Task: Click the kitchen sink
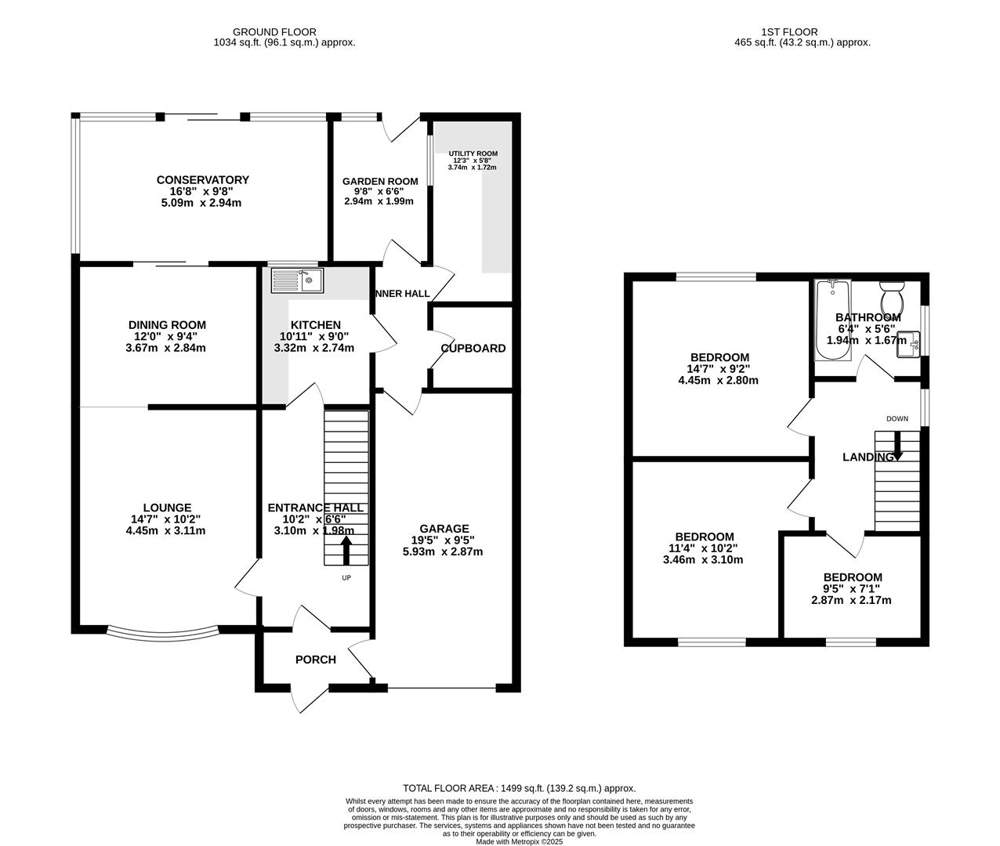click(x=297, y=280)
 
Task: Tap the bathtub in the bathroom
click(x=832, y=320)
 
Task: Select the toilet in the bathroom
click(x=891, y=298)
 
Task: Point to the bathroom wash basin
click(x=908, y=345)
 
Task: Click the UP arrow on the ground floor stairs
click(x=346, y=551)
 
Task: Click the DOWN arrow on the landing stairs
click(x=897, y=446)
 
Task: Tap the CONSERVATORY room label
click(x=203, y=180)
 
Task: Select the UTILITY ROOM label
click(x=473, y=154)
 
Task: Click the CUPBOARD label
click(x=473, y=349)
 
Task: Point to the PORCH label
click(x=315, y=660)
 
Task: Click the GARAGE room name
click(x=444, y=529)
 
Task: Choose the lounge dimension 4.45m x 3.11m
click(x=165, y=530)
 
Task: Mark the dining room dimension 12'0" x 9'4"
click(x=166, y=336)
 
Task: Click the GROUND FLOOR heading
click(x=274, y=32)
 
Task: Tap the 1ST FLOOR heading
click(x=789, y=32)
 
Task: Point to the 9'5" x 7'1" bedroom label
click(x=851, y=588)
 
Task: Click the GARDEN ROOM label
click(x=380, y=182)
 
